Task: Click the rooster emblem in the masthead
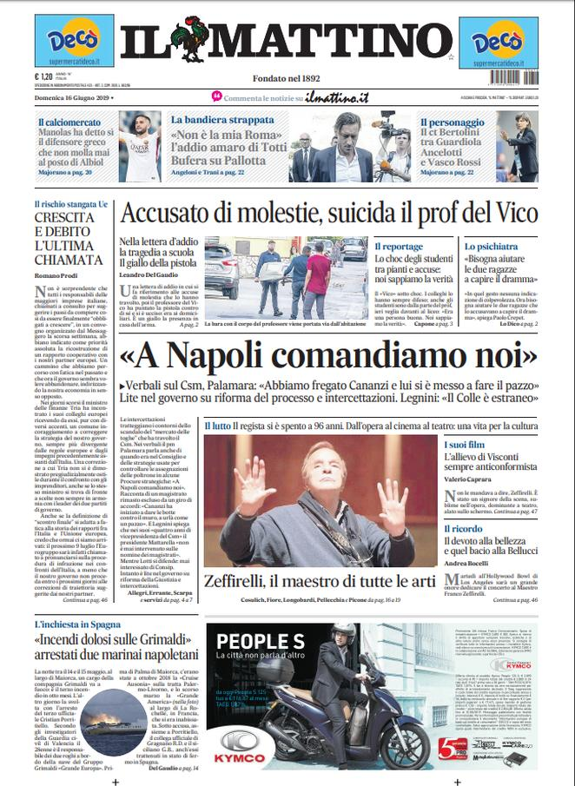tap(192, 38)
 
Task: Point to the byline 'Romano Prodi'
tap(55, 276)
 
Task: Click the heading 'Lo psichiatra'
tap(491, 247)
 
